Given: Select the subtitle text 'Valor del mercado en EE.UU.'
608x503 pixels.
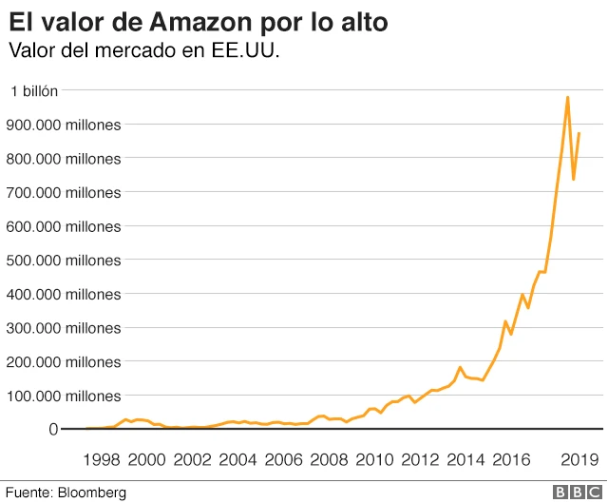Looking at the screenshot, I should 143,50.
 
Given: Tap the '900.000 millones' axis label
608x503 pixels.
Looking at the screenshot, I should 64,125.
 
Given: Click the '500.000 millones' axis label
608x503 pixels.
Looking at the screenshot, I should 64,260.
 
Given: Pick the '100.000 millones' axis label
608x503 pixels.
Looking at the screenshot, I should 64,396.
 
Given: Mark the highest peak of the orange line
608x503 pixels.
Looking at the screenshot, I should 567,97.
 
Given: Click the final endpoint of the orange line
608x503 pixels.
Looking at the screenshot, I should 579,133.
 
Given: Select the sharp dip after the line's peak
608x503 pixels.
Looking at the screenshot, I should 573,179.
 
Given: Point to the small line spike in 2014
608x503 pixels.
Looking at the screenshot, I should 460,367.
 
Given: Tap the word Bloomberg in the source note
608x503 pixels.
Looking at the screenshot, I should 92,493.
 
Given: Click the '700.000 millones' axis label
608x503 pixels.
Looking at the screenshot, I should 64,192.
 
